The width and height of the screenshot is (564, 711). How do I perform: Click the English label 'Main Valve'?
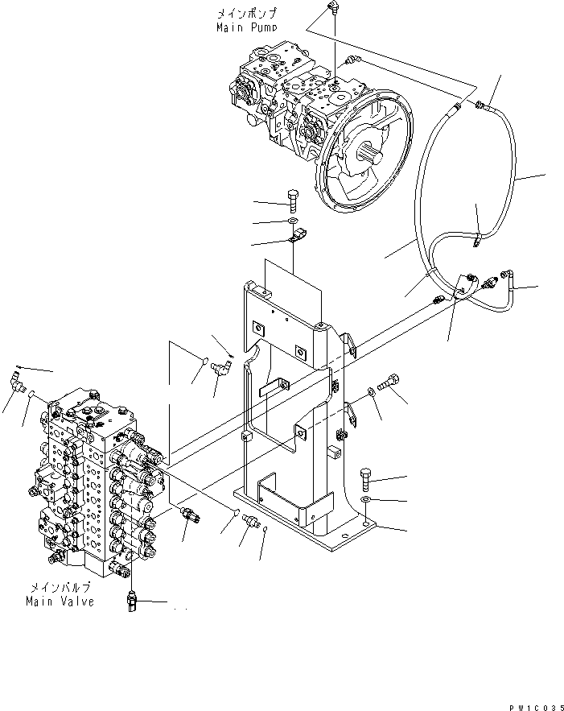(x=60, y=601)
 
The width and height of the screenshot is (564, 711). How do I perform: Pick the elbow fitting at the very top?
(x=332, y=9)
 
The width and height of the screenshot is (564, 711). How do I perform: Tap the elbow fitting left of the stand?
(x=220, y=369)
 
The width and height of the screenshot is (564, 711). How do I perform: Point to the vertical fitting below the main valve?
(x=133, y=602)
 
